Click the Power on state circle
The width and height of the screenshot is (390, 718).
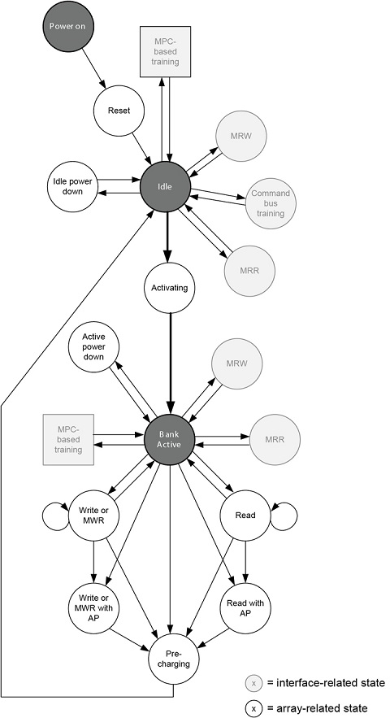[x=67, y=27]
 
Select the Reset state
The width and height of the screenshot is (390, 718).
[x=119, y=111]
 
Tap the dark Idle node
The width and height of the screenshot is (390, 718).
[x=165, y=186]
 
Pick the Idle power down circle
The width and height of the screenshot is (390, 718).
[x=72, y=186]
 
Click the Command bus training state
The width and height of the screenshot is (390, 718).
[x=271, y=202]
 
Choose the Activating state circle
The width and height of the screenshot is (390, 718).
[x=170, y=288]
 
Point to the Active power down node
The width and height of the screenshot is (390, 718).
[x=93, y=346]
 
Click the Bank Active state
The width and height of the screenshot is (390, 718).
[x=170, y=439]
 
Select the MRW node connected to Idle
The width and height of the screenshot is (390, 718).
[x=240, y=136]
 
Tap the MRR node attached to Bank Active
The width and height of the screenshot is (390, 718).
[x=275, y=440]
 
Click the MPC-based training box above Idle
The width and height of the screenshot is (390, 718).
[x=165, y=51]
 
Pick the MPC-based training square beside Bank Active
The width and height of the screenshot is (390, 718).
[x=68, y=440]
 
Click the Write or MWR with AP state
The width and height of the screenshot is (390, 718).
[x=93, y=608]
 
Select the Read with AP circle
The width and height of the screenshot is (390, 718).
[x=245, y=608]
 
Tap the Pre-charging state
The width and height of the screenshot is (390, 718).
[x=175, y=659]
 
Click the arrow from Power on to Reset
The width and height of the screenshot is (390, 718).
[x=94, y=67]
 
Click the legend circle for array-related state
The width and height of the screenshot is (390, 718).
[x=253, y=708]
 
